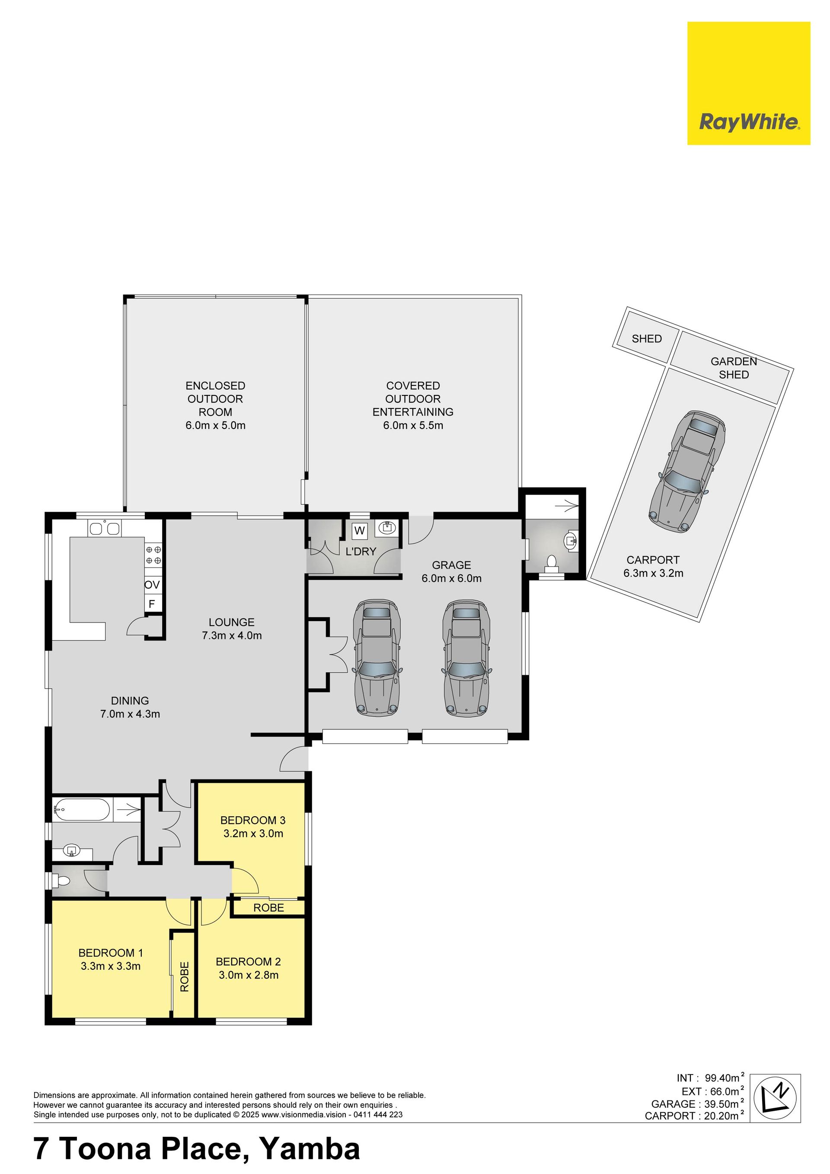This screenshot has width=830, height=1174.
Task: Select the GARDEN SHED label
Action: [734, 368]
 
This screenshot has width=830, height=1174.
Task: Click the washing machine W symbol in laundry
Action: [360, 531]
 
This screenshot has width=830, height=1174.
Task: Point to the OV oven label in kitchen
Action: [152, 584]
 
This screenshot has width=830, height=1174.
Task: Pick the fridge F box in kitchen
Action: [152, 603]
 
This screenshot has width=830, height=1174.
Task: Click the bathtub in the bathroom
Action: [82, 809]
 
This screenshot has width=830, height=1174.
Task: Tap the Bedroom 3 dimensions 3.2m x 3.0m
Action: [253, 834]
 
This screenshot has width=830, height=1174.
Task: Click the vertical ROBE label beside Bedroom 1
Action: [185, 977]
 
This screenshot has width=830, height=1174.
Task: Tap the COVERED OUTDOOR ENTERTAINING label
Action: [413, 399]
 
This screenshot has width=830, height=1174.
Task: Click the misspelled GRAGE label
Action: [451, 565]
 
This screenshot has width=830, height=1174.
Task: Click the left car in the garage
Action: [377, 657]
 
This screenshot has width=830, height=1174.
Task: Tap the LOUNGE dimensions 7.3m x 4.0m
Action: [232, 635]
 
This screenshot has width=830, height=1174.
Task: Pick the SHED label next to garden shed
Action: [647, 339]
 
